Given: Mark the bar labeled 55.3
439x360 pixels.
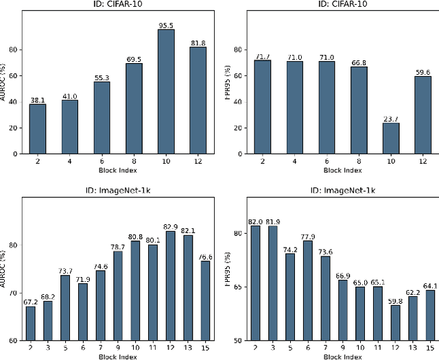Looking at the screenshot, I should tap(102, 117).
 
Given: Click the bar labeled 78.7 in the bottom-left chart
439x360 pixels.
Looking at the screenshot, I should tap(117, 296).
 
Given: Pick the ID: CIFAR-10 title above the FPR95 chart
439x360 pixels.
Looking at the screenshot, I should tap(340, 4).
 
